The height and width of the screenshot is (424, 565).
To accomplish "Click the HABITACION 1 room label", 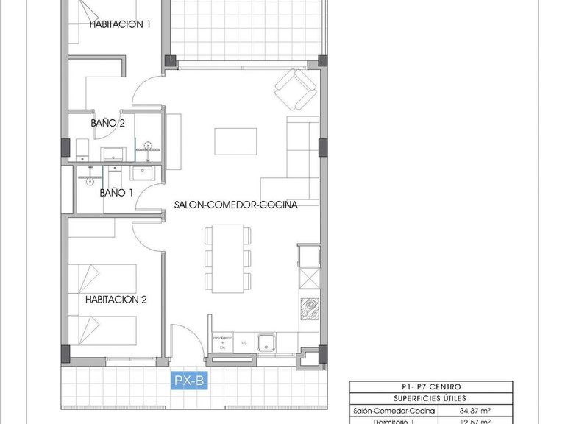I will [x=120, y=24].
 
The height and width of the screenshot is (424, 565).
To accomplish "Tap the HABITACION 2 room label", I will [x=116, y=300].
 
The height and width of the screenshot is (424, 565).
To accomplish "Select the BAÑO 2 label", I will [x=107, y=123].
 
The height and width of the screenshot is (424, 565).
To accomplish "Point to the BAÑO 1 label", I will [x=116, y=193].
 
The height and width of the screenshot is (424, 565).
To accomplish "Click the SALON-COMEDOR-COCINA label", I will [x=235, y=205].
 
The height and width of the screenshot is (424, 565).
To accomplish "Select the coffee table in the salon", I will [x=235, y=141].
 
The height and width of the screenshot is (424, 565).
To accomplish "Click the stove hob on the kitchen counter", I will [x=309, y=307].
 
